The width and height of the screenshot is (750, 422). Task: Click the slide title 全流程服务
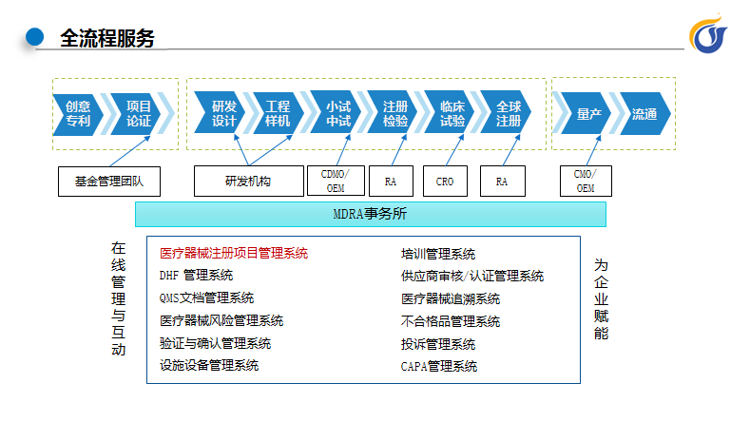click(107, 38)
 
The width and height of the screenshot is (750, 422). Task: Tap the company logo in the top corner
click(708, 34)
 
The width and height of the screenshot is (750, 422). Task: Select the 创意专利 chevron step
click(78, 114)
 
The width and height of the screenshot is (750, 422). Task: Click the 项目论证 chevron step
click(137, 114)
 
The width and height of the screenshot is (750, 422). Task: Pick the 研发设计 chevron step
click(221, 113)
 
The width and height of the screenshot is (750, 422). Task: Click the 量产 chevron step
click(587, 114)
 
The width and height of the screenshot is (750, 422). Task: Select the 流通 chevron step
click(644, 114)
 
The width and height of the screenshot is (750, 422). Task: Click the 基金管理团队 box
click(109, 182)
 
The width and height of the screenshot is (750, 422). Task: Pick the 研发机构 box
click(249, 181)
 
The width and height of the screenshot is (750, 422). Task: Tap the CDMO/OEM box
click(336, 181)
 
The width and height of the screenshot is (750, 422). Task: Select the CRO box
click(445, 181)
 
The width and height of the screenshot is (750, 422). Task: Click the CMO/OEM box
click(586, 181)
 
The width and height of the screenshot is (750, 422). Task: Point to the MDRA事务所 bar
click(371, 214)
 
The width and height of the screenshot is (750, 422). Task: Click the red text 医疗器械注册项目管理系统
click(234, 253)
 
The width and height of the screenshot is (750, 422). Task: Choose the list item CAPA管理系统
click(439, 367)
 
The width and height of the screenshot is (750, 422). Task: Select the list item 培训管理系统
click(438, 254)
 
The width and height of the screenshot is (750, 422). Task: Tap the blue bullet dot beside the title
click(34, 37)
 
